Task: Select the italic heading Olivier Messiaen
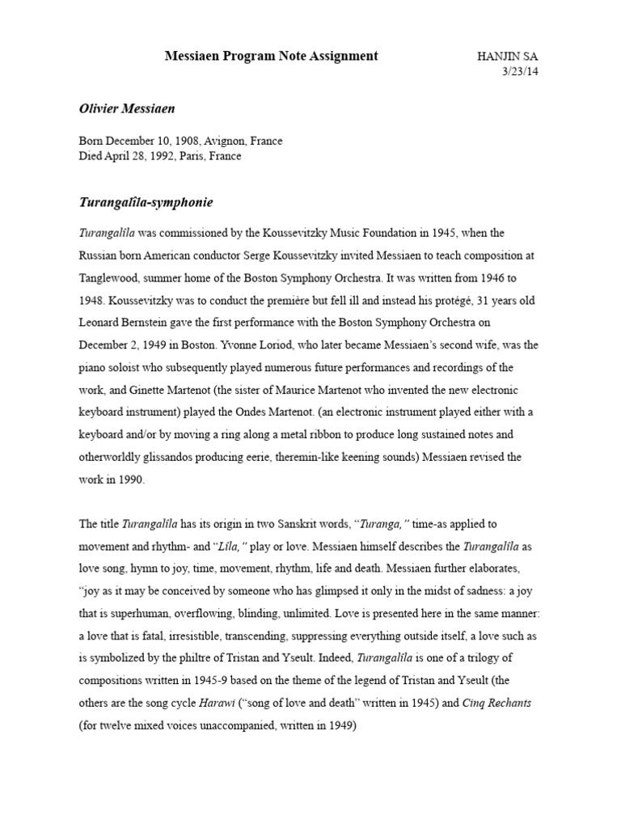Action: click(x=127, y=108)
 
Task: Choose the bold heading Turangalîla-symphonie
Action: click(x=146, y=201)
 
